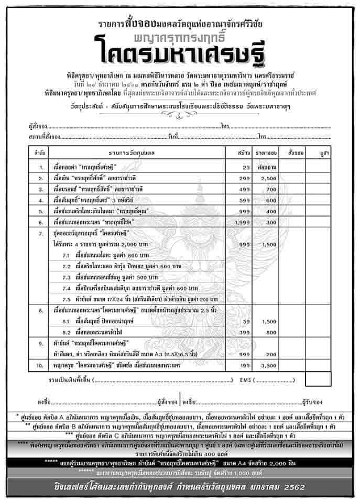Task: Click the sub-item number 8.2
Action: [x=66, y=332]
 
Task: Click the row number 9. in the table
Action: [x=40, y=344]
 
